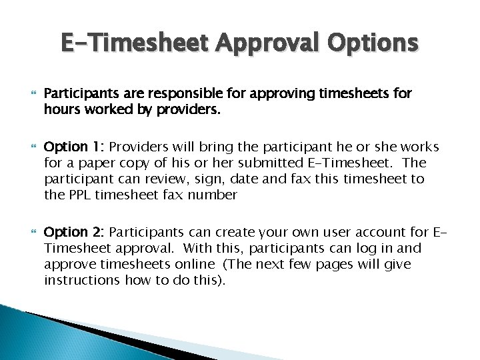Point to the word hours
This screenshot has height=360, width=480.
pyautogui.click(x=61, y=109)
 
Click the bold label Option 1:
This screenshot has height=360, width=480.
pyautogui.click(x=73, y=147)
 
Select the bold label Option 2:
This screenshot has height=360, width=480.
pyautogui.click(x=73, y=232)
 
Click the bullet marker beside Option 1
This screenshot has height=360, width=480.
pyautogui.click(x=29, y=147)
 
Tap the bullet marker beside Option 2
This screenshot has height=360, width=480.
pyautogui.click(x=29, y=232)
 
